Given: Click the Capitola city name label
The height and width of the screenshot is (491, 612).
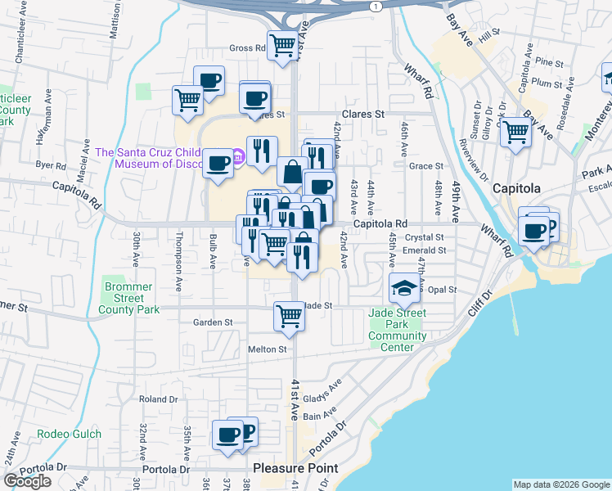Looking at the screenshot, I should point(515,188).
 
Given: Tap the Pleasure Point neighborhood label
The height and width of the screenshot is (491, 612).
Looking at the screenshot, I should point(295,468).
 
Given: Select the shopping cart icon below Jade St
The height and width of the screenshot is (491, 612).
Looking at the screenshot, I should point(289,315).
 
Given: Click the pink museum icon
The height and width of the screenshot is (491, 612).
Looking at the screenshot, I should point(238,155).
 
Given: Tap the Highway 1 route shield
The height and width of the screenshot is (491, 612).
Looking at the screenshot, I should point(375,6).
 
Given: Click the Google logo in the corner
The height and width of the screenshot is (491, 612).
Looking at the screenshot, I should point(27,481).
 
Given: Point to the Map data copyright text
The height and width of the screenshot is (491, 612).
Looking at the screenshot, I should point(561,484).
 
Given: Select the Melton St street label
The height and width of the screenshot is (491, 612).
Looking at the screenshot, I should point(268,349).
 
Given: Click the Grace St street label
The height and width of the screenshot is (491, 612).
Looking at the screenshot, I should point(425,166).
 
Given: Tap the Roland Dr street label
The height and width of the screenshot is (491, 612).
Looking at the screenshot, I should point(158,399).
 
